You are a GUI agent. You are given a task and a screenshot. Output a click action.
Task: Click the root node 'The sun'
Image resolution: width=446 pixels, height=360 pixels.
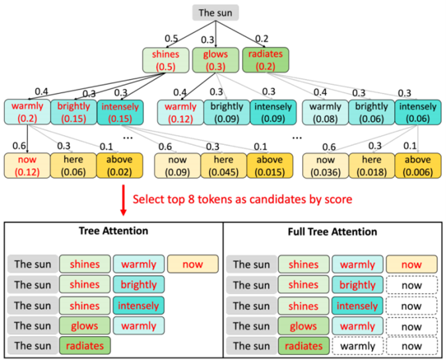[215, 13]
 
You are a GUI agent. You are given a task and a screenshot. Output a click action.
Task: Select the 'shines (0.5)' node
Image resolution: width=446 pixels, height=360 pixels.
[166, 60]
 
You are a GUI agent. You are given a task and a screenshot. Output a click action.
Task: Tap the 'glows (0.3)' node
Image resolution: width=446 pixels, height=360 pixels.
[214, 60]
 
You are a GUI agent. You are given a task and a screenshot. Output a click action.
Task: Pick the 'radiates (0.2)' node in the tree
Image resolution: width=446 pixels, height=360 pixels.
[263, 60]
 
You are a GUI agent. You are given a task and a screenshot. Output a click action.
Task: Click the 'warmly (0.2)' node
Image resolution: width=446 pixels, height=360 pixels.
[27, 111]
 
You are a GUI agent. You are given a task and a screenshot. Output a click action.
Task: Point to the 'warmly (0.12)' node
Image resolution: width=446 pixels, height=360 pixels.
[179, 111]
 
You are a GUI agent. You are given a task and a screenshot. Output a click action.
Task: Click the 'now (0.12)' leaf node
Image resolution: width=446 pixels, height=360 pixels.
[27, 165]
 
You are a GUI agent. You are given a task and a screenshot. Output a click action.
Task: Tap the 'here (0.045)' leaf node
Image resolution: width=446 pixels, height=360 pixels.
[224, 165]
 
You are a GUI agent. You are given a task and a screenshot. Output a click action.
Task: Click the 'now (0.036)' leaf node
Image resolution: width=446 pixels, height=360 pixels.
[324, 165]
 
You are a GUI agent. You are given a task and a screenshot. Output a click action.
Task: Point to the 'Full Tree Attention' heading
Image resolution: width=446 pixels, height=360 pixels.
[334, 232]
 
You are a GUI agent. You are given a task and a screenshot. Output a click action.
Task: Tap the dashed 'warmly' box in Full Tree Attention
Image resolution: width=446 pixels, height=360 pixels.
[357, 345]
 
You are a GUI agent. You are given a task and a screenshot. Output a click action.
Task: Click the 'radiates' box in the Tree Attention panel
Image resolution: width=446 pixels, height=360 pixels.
[85, 345]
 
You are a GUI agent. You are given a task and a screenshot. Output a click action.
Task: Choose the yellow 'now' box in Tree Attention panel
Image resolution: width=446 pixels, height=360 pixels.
[193, 265]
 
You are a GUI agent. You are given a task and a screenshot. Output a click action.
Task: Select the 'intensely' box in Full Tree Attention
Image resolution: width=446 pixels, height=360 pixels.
[357, 306]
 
